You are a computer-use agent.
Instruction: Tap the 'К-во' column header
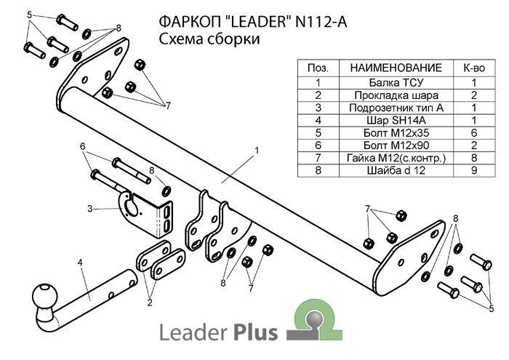pos(473,68)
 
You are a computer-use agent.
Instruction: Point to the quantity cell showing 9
pos(473,171)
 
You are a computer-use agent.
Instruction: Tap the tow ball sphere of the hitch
pos(43,297)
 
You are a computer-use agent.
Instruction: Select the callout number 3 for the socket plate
pos(89,209)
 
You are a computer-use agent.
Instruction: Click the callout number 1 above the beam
pos(257,151)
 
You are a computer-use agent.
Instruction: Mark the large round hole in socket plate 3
pos(134,208)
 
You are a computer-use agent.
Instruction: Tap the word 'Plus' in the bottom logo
pos(254,333)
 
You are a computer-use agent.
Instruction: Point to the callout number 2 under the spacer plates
pos(151,302)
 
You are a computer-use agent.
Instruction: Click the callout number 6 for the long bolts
pos(83,146)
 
